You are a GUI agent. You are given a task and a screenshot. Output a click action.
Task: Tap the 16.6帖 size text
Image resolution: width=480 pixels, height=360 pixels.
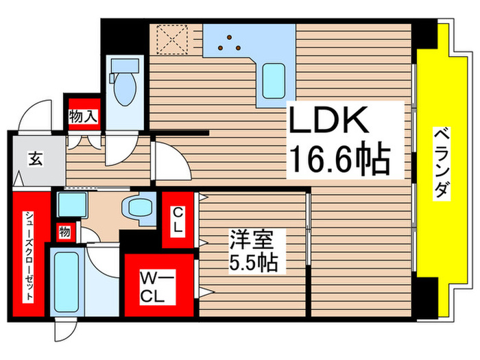pos(338,160)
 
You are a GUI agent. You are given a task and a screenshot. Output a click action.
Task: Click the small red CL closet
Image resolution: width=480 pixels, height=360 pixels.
pos(177,221)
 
